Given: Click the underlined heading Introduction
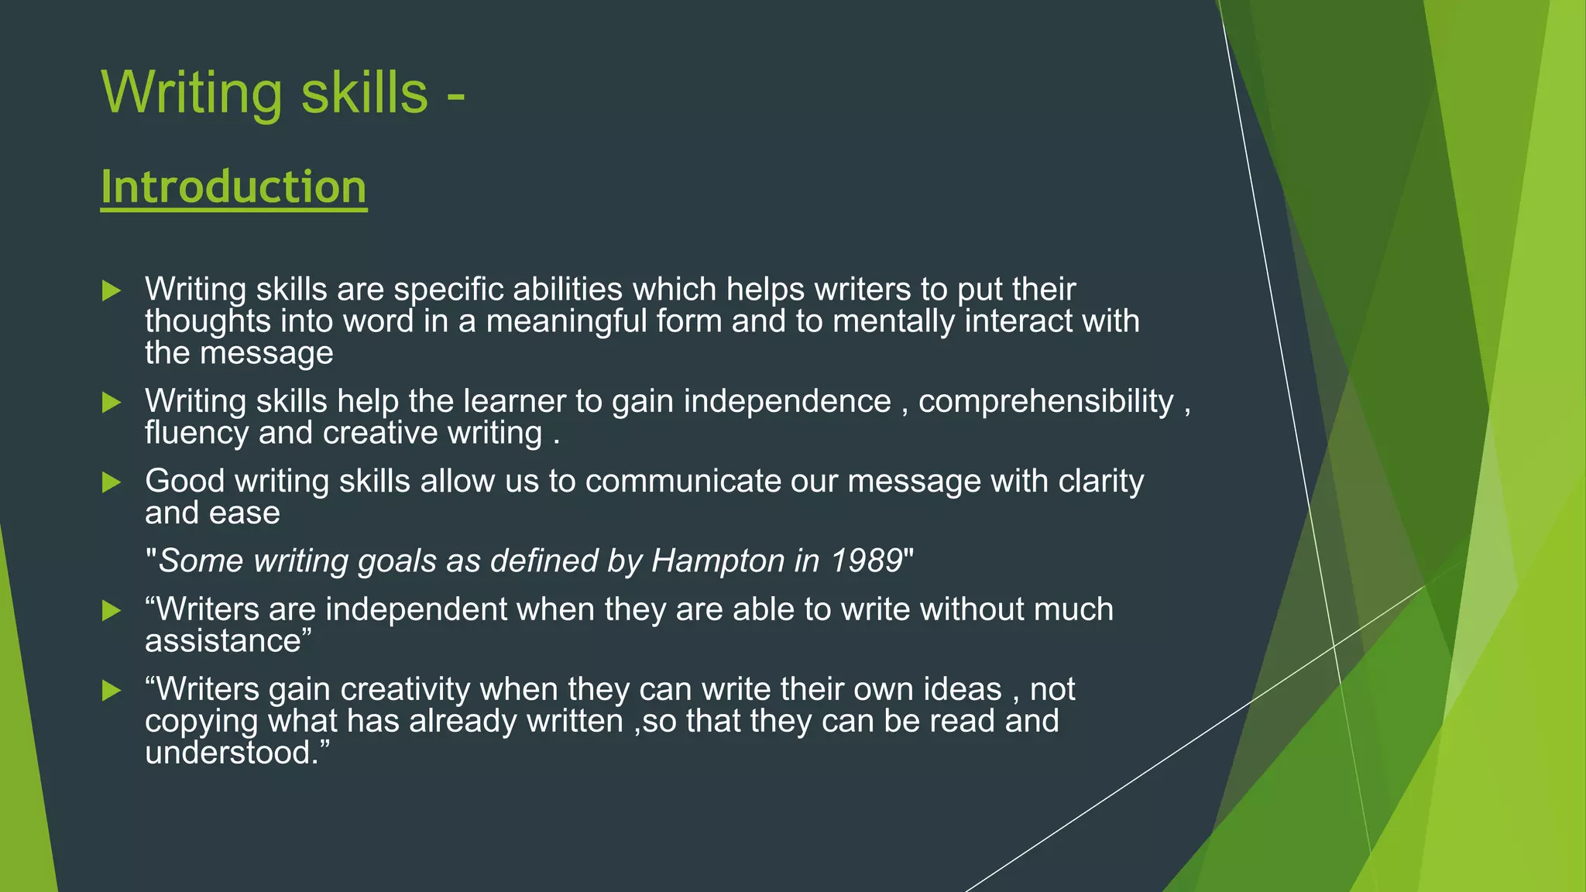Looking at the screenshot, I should [233, 187].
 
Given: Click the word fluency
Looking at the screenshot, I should [197, 434].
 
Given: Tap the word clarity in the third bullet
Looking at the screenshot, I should [1100, 481].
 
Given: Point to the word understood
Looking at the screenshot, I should [230, 753].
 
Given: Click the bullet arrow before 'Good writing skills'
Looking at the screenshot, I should [112, 482].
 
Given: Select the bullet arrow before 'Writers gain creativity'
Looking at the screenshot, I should [112, 690].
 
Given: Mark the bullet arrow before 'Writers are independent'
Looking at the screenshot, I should [112, 610].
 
